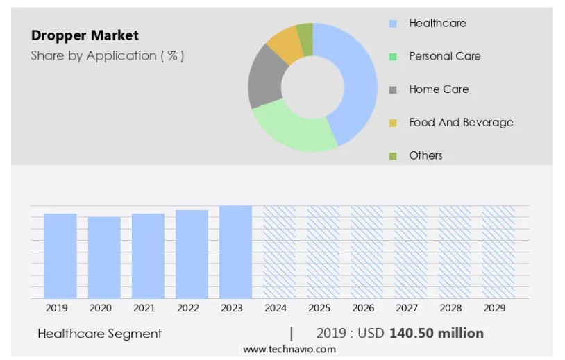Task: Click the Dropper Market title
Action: pyautogui.click(x=85, y=35)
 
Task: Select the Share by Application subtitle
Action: pyautogui.click(x=108, y=56)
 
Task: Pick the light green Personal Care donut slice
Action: pyautogui.click(x=292, y=129)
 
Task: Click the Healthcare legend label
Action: pyautogui.click(x=437, y=23)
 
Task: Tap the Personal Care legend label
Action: pyautogui.click(x=444, y=56)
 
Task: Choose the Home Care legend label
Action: pyautogui.click(x=439, y=89)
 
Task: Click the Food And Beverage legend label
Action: pyautogui.click(x=461, y=123)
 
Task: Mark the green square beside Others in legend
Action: pyautogui.click(x=394, y=156)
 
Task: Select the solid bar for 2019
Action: pyautogui.click(x=60, y=256)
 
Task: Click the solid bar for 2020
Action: pyautogui.click(x=104, y=257)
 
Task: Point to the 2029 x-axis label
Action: pyautogui.click(x=494, y=308)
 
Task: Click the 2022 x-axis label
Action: pyautogui.click(x=188, y=308)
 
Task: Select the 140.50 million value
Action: pyautogui.click(x=437, y=334)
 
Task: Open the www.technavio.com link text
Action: pyautogui.click(x=289, y=350)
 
